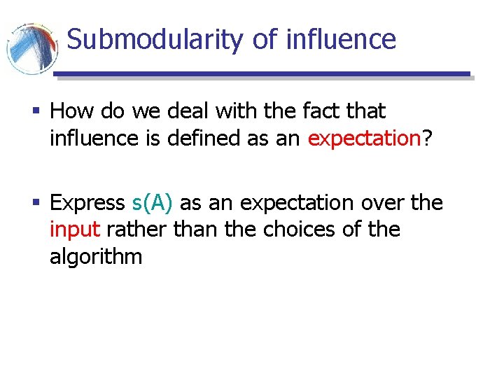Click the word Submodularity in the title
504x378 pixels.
click(x=155, y=39)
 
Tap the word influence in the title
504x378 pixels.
click(x=341, y=39)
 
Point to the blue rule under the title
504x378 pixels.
click(x=262, y=74)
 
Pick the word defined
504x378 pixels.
click(x=206, y=138)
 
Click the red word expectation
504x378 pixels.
click(x=363, y=139)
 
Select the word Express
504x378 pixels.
click(x=87, y=203)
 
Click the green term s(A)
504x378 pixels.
click(x=152, y=203)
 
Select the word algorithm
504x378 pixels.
click(x=96, y=257)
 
